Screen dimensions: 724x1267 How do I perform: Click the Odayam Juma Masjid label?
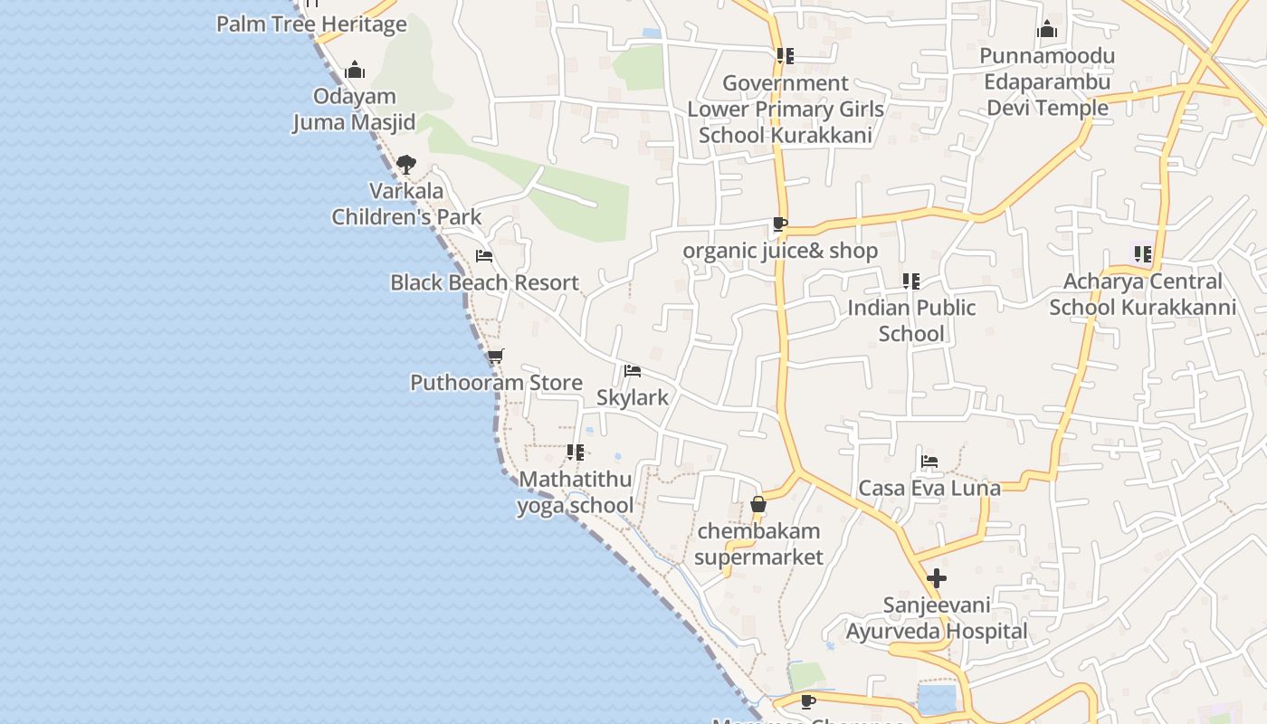point(354,110)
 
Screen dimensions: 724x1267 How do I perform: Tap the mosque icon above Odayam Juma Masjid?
point(355,70)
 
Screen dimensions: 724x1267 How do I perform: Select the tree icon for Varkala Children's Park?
point(406,165)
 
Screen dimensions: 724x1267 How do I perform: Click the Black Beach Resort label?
point(484,282)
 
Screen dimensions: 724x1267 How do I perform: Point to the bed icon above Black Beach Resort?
point(484,256)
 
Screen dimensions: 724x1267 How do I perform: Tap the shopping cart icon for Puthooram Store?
point(495,357)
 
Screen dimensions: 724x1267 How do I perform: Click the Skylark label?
point(633,397)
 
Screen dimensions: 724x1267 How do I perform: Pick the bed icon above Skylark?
point(633,371)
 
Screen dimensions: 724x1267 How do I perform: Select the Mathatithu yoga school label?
point(576,492)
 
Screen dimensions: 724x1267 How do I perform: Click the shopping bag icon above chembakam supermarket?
point(758,504)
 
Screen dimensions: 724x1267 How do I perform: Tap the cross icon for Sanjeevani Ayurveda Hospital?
point(937,578)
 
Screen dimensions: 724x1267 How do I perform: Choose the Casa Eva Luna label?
point(929,488)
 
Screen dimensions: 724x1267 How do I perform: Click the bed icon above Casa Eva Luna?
point(929,462)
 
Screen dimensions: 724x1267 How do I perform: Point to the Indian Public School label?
point(911,320)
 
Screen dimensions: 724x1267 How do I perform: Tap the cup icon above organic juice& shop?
point(780,224)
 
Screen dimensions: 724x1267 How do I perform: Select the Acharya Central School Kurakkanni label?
point(1142,294)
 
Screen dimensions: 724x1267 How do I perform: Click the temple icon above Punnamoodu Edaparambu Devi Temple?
point(1047,30)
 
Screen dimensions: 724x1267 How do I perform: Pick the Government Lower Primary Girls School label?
point(786,110)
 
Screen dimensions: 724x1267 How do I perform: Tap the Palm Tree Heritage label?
point(311,24)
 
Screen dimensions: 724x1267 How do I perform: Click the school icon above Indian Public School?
point(911,281)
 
